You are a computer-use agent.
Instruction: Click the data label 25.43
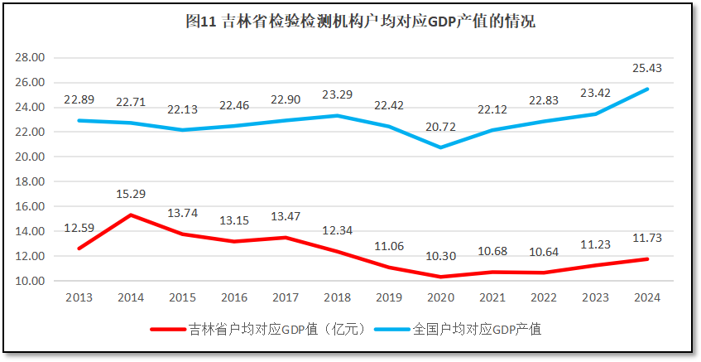(646, 68)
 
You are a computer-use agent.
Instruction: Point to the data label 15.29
(132, 194)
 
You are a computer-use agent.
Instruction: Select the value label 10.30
(441, 256)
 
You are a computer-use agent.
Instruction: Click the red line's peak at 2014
(132, 215)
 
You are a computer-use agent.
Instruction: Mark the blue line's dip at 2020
(441, 147)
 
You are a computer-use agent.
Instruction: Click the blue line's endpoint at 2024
(646, 89)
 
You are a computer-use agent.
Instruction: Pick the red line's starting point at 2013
(80, 248)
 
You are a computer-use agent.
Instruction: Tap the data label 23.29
(338, 94)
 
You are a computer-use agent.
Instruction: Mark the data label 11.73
(646, 239)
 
